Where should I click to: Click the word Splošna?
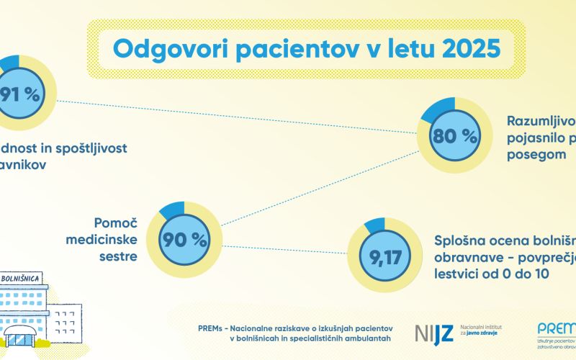pyautogui.click(x=463, y=240)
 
